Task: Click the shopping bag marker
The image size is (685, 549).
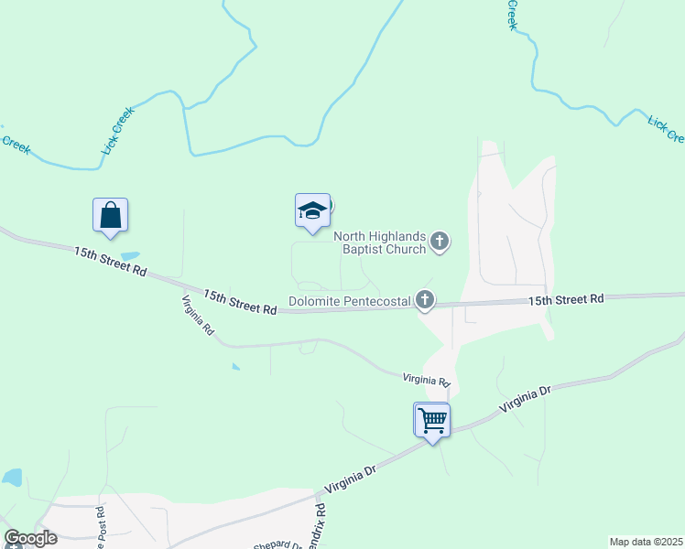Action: pyautogui.click(x=110, y=215)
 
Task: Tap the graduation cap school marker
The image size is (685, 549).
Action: pyautogui.click(x=312, y=211)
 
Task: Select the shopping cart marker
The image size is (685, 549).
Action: pyautogui.click(x=432, y=421)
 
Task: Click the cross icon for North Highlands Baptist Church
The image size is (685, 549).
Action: pyautogui.click(x=440, y=242)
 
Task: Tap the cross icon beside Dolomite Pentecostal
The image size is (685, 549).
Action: pyautogui.click(x=425, y=299)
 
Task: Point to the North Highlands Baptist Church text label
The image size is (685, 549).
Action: pyautogui.click(x=385, y=242)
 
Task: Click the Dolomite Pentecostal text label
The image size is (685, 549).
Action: pyautogui.click(x=349, y=300)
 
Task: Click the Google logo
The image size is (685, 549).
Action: pyautogui.click(x=30, y=538)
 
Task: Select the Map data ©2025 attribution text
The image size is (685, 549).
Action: pyautogui.click(x=646, y=542)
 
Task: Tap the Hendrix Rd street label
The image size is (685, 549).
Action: pyautogui.click(x=321, y=526)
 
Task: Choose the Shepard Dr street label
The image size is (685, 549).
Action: pyautogui.click(x=277, y=544)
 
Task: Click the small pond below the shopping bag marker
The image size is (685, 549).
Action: pyautogui.click(x=130, y=255)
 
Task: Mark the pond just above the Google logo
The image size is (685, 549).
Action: pyautogui.click(x=12, y=478)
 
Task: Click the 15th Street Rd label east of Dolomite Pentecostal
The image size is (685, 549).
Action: pyautogui.click(x=566, y=299)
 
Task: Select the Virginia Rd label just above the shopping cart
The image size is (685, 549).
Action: pyautogui.click(x=427, y=378)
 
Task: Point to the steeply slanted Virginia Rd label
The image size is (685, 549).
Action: pyautogui.click(x=197, y=314)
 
